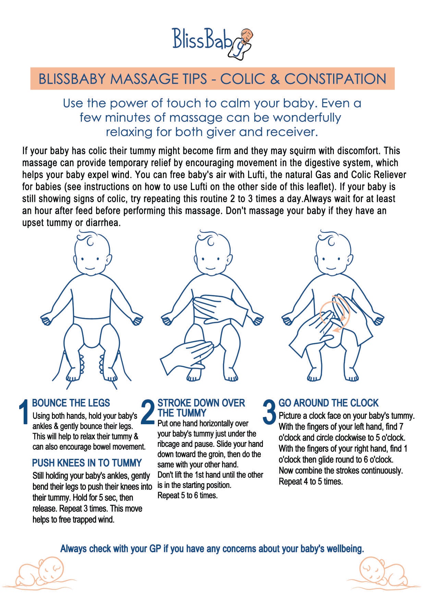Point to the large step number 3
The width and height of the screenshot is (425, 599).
pos(269,411)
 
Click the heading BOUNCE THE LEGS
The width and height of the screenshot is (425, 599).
pos(71,403)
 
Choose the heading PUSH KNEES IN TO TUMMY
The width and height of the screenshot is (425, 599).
pos(87,463)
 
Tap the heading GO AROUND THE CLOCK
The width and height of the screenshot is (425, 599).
pos(328,403)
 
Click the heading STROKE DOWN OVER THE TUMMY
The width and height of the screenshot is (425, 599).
pos(201,407)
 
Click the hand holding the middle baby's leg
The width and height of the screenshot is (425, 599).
pos(187,356)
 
